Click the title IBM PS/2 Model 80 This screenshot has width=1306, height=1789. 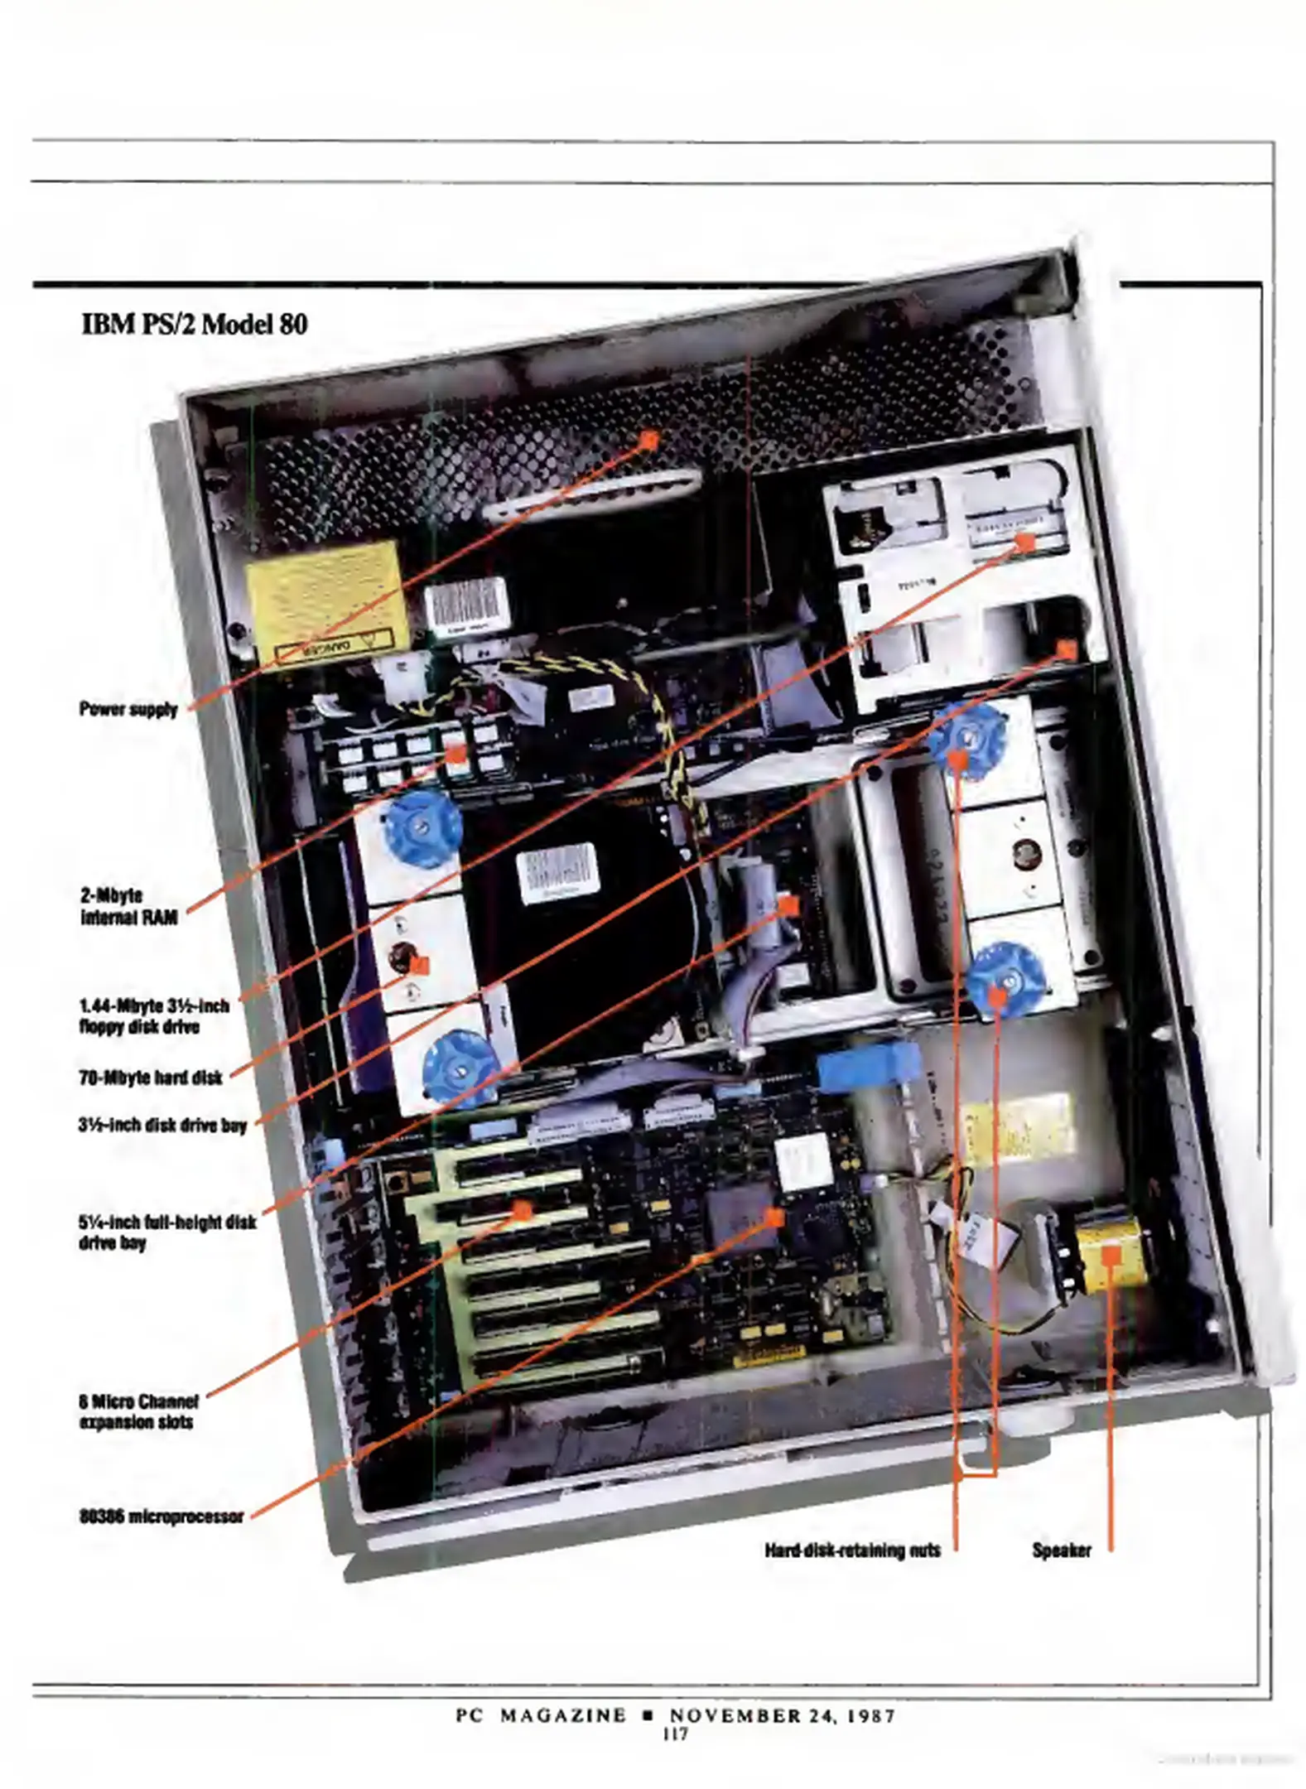coord(195,323)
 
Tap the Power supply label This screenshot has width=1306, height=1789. coord(128,709)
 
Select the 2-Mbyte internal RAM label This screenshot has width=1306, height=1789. coord(128,906)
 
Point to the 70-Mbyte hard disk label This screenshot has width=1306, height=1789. coord(151,1078)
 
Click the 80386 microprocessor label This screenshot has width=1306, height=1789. coord(161,1517)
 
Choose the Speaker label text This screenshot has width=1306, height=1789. coord(1061,1550)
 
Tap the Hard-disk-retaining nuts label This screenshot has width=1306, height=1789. coord(852,1550)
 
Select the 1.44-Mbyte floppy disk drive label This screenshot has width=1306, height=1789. coord(154,1016)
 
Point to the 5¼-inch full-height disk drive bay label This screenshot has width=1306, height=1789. coord(167,1232)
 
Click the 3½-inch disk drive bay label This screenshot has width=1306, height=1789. coord(162,1125)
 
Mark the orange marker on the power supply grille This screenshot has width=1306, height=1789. coord(649,440)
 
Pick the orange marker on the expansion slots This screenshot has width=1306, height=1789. coord(522,1211)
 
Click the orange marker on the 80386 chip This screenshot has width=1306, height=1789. coord(774,1217)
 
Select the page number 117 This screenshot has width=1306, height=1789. coord(675,1734)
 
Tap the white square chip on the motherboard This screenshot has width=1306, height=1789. coord(802,1161)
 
